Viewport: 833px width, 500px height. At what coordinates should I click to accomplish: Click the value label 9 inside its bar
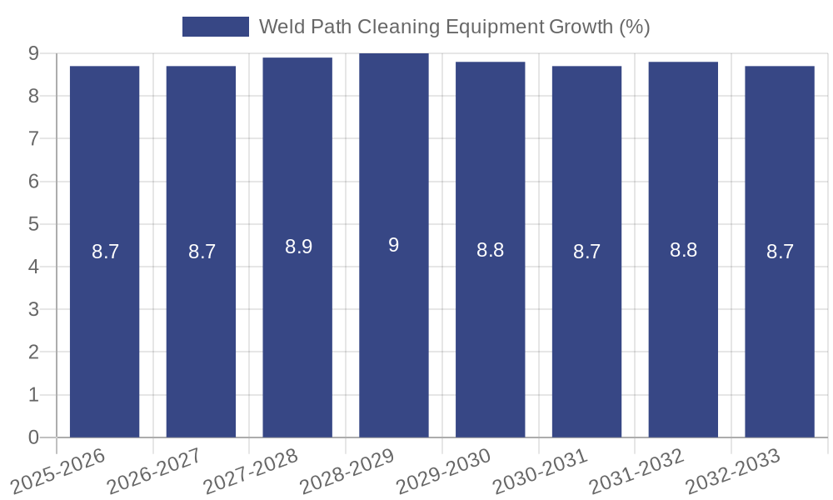tap(394, 245)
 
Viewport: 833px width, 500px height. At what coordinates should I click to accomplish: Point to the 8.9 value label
tap(298, 247)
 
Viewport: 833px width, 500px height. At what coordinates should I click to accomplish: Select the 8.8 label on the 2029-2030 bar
tap(490, 250)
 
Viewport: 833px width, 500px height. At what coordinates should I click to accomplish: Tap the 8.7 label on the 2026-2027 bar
tap(202, 252)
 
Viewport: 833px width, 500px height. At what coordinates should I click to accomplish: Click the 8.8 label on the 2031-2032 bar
tap(683, 250)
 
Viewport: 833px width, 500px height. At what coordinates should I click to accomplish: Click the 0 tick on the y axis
tap(33, 437)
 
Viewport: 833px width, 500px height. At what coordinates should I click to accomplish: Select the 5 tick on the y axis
tap(33, 224)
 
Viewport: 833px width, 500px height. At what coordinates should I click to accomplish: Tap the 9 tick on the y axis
tap(33, 53)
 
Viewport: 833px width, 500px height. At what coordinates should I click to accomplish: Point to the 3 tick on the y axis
tap(33, 309)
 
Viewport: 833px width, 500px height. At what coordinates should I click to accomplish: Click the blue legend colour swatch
tap(215, 27)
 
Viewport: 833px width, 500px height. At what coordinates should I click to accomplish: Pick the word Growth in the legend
tap(581, 27)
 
